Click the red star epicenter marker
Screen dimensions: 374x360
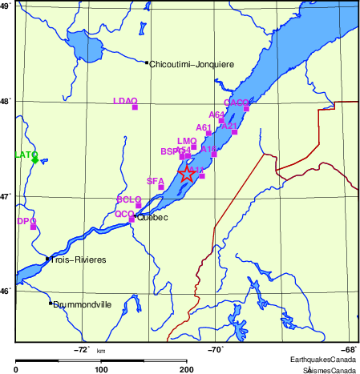click(186, 174)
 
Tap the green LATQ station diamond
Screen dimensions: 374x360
click(34, 160)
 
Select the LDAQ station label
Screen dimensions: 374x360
click(125, 100)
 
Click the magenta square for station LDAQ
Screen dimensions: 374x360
click(135, 107)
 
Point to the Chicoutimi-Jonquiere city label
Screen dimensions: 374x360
click(191, 63)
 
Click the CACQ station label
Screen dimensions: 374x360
click(237, 103)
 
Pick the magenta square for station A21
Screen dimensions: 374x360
click(235, 132)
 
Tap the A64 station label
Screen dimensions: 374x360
click(216, 115)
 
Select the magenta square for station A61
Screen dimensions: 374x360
click(208, 134)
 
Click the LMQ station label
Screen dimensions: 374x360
click(187, 141)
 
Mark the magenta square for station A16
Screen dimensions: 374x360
click(214, 154)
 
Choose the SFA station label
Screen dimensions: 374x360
click(155, 181)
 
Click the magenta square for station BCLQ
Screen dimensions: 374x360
click(139, 206)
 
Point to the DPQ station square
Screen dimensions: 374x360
click(34, 227)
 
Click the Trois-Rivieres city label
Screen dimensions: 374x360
click(79, 259)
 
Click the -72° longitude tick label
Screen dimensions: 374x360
click(80, 349)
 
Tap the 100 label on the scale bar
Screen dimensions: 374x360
click(101, 368)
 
